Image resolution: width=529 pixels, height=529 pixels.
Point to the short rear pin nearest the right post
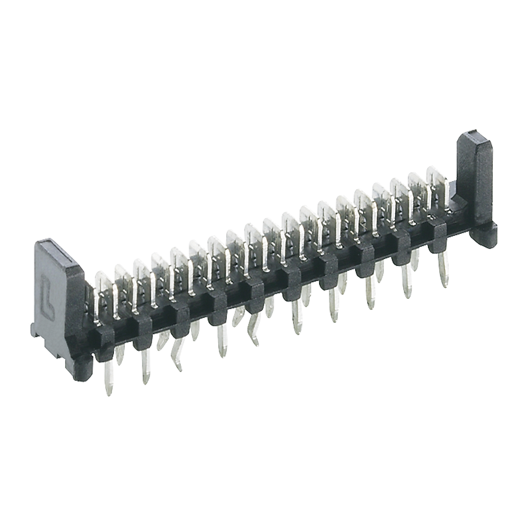coord(414,260)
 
